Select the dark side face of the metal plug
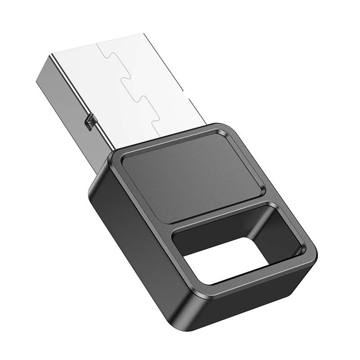point(67,103)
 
